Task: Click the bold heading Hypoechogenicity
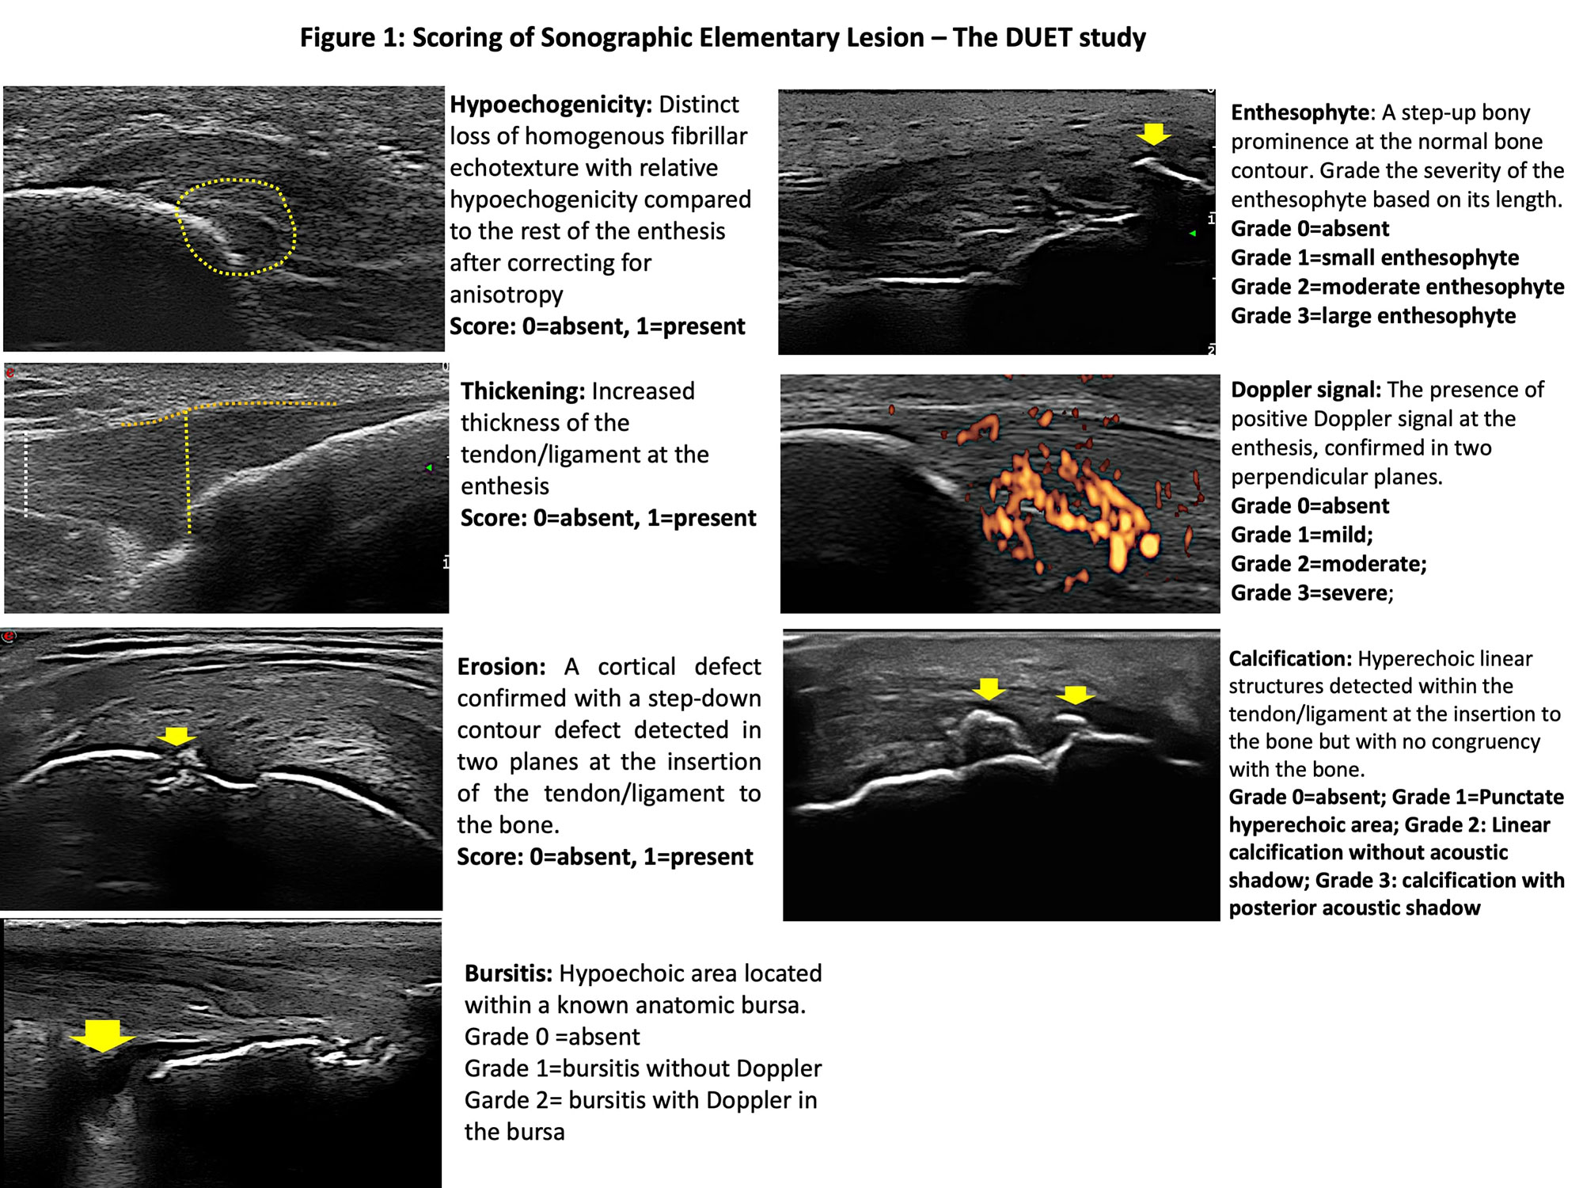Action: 550,105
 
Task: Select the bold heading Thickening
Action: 522,391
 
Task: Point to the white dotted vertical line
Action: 26,475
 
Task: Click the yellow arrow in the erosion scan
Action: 176,736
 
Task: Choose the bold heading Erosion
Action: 500,667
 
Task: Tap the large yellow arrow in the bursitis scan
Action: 102,1034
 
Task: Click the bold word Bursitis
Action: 508,973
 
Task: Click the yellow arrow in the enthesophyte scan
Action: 1153,133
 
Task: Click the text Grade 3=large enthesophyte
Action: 1372,316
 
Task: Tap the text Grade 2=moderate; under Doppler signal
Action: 1328,564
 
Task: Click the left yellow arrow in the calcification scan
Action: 989,688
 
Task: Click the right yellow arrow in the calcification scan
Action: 1075,695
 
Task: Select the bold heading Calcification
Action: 1289,659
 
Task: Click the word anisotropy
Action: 507,295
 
